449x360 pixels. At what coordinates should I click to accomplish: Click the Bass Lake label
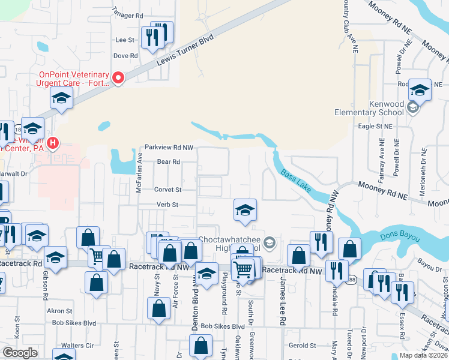(296, 181)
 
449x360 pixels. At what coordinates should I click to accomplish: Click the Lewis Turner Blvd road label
(185, 53)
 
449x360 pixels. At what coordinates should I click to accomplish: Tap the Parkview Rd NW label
(169, 147)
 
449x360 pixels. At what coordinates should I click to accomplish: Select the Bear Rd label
(169, 162)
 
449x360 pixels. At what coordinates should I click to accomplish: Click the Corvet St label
(167, 189)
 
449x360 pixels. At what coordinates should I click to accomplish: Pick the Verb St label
(167, 205)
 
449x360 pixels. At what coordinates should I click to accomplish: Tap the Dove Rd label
(126, 56)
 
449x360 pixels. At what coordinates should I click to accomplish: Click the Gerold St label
(303, 346)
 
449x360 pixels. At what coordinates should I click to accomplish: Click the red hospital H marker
(53, 143)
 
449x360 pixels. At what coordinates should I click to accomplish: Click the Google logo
(20, 353)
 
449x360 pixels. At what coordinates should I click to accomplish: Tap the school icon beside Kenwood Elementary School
(412, 108)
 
